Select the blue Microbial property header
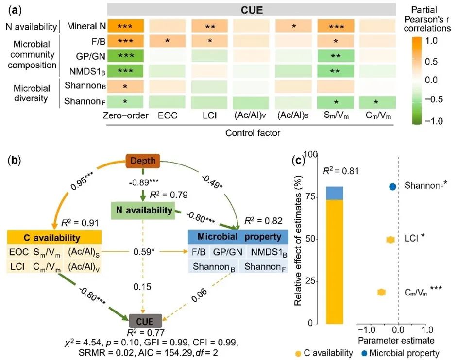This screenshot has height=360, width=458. (238, 237)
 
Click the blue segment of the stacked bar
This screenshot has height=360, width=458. (334, 193)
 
